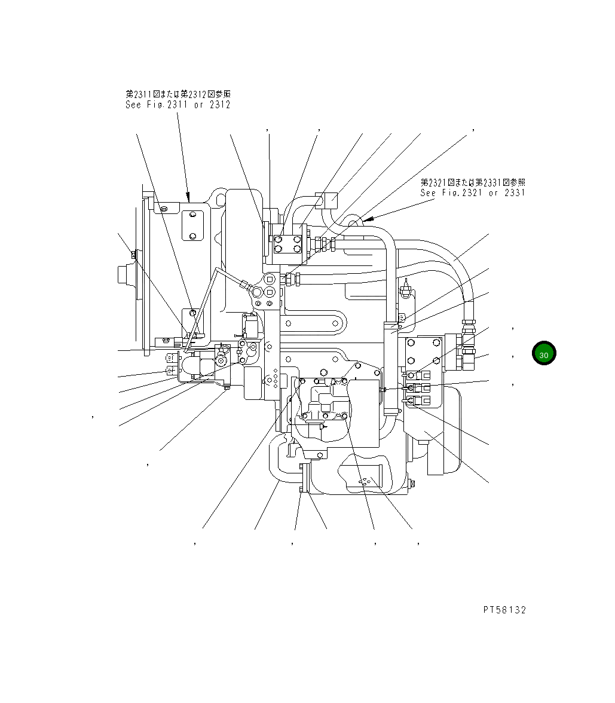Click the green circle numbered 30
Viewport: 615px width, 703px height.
coord(544,354)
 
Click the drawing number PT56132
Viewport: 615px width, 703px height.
coord(504,610)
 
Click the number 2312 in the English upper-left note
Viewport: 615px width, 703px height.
coord(219,105)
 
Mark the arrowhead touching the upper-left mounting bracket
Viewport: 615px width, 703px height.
coord(188,197)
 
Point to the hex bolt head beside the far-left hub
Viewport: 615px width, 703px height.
coord(133,256)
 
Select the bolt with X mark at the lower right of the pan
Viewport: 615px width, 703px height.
coord(410,486)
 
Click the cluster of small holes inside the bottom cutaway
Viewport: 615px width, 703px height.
coord(363,481)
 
